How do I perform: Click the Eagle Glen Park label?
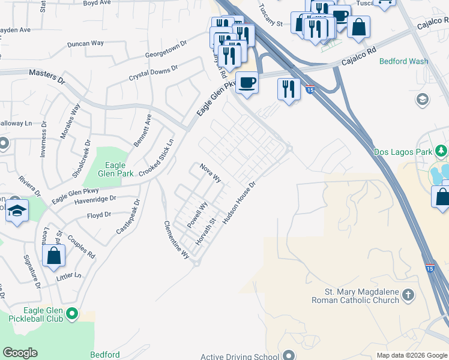[x=115, y=170]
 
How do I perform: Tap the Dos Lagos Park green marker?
[x=442, y=150]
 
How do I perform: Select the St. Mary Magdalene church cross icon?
[x=408, y=295]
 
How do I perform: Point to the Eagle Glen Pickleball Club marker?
[x=72, y=313]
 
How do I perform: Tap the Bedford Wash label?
[x=403, y=61]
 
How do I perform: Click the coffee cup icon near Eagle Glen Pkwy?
[x=246, y=82]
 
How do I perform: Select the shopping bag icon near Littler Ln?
[x=54, y=256]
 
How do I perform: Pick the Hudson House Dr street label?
[x=240, y=203]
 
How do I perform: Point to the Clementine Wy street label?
[x=176, y=239]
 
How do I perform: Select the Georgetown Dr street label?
[x=167, y=53]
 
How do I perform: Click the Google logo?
[x=20, y=353]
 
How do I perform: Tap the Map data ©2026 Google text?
[x=411, y=355]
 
